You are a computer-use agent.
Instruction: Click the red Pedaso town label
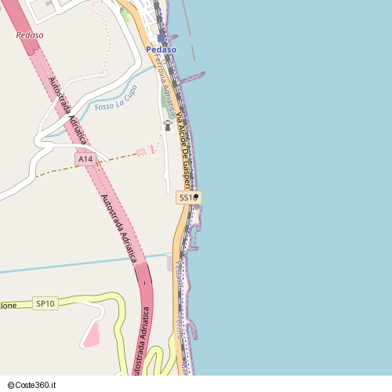(30, 35)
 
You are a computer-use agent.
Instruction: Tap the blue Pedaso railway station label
(161, 49)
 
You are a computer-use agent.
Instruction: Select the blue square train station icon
(162, 38)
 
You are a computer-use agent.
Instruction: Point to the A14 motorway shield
(85, 159)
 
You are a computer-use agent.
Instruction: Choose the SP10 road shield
(45, 303)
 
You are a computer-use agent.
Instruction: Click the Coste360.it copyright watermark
(32, 385)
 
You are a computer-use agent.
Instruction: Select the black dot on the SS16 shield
(196, 196)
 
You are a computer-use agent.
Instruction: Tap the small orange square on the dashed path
(141, 151)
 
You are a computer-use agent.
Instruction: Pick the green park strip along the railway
(168, 100)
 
